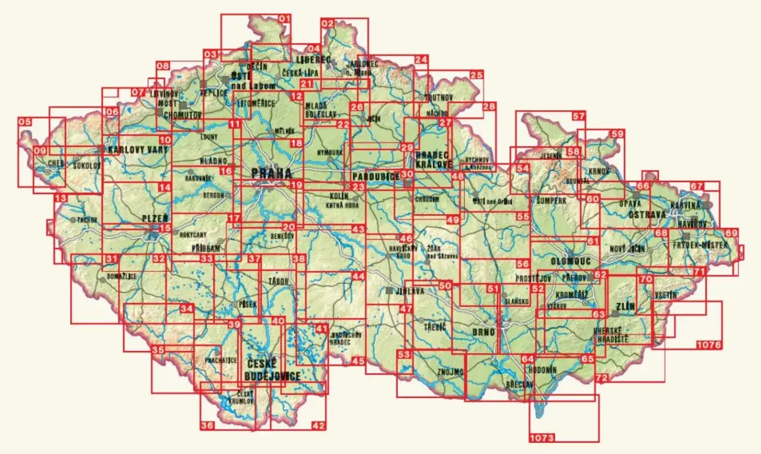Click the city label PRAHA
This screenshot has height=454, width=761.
point(272,173)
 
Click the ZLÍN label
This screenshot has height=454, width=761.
point(626,307)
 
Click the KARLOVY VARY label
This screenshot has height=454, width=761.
point(139,149)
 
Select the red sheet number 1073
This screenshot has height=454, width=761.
point(542,438)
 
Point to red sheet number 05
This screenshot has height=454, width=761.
point(24,121)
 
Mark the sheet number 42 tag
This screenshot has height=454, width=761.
point(319,425)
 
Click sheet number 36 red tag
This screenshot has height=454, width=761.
point(207,425)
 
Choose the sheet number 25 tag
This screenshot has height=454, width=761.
point(476,75)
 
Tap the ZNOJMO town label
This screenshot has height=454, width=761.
point(449,372)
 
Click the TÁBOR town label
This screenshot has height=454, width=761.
point(278,281)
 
